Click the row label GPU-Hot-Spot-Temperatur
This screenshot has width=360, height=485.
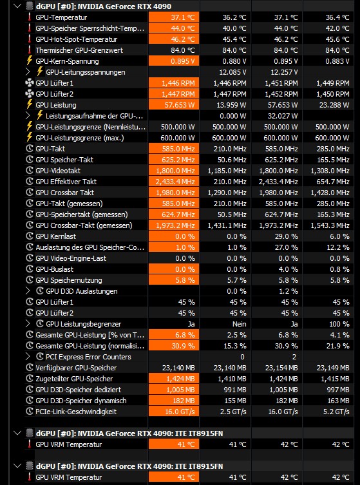(x=77, y=39)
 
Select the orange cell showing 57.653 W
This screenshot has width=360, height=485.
(x=174, y=105)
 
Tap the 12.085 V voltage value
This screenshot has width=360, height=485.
(x=233, y=72)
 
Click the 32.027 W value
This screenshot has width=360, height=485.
(x=283, y=116)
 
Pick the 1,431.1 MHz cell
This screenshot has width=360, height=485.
(x=227, y=225)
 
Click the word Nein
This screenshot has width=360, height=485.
(x=239, y=324)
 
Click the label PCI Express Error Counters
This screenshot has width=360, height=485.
(x=88, y=357)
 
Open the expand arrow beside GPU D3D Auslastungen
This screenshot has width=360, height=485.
(x=28, y=290)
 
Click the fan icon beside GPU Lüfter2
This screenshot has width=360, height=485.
(x=29, y=94)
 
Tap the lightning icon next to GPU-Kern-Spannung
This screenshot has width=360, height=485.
(x=30, y=61)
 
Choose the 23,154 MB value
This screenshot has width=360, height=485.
(x=281, y=368)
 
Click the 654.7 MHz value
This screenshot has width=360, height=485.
(x=333, y=182)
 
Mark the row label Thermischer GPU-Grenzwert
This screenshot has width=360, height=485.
(x=79, y=50)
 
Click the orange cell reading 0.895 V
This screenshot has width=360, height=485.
(x=174, y=61)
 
